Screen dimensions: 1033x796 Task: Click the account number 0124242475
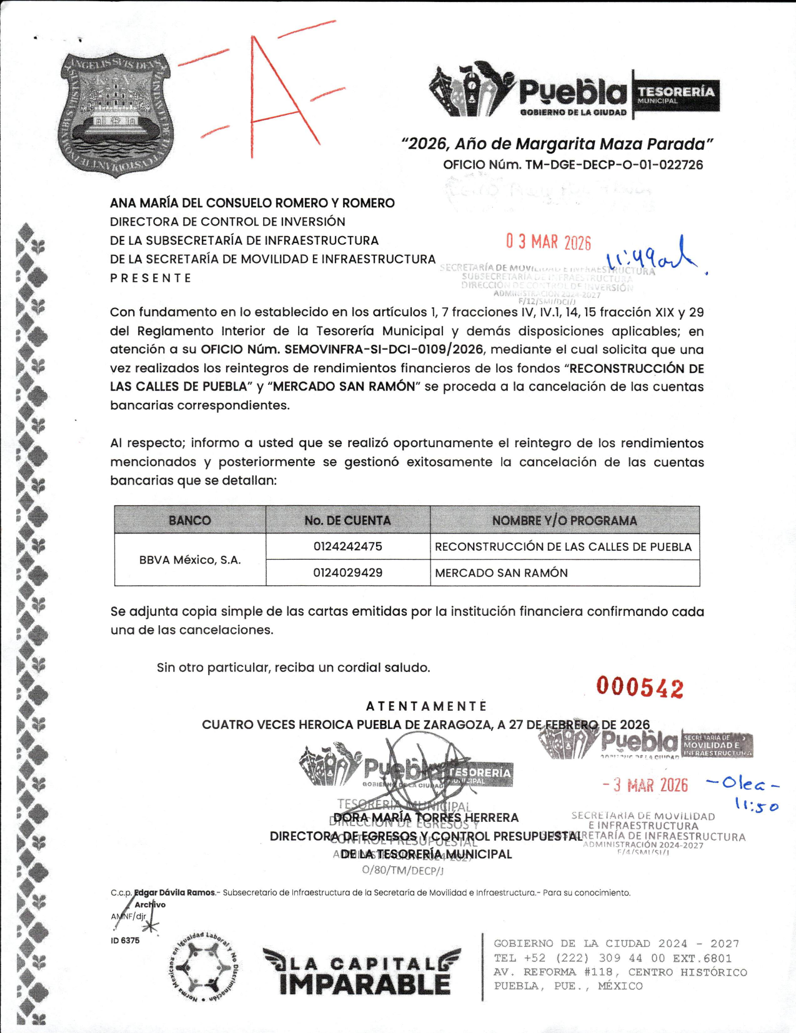347,546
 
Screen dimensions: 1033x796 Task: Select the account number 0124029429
347,573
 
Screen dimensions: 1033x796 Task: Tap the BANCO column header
190,520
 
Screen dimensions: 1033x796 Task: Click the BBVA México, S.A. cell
190,560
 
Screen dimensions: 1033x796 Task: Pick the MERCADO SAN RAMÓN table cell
501,573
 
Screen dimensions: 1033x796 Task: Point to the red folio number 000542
640,688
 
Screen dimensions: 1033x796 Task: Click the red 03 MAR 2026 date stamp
548,242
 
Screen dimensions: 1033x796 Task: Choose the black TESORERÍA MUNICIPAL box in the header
676,95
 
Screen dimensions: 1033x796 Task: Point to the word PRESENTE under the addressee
151,279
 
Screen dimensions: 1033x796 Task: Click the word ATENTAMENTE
426,706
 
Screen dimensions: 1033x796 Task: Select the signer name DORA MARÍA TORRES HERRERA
426,818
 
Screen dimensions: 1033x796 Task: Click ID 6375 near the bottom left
125,941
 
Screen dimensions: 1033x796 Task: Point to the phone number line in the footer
612,958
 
